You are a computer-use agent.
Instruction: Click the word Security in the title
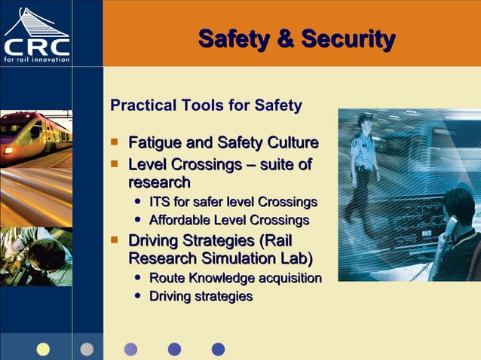click(x=348, y=38)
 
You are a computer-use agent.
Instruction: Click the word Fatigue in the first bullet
click(x=155, y=143)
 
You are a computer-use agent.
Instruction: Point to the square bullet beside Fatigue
click(x=115, y=142)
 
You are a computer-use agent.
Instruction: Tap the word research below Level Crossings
click(x=159, y=182)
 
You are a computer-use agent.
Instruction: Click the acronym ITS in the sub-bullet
click(x=160, y=202)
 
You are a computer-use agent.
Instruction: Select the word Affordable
click(x=180, y=221)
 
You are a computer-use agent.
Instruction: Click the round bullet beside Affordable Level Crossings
click(x=137, y=221)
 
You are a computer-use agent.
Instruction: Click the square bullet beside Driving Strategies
click(x=115, y=240)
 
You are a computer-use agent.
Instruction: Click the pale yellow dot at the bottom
click(x=43, y=349)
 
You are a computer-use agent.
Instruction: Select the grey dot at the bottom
click(x=87, y=349)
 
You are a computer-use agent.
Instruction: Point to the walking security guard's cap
click(x=365, y=118)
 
